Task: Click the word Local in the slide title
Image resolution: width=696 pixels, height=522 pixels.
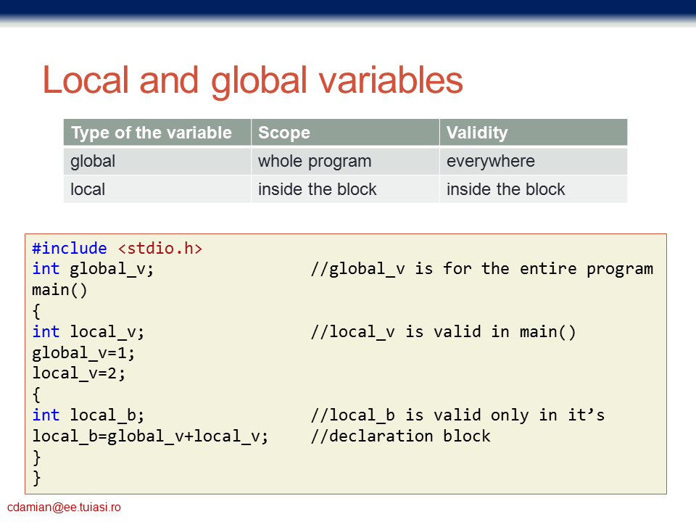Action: point(86,80)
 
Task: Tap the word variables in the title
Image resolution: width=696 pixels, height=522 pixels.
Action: point(391,80)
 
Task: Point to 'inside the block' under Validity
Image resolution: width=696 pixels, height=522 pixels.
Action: point(505,189)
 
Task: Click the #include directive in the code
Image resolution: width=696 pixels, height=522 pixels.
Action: point(70,248)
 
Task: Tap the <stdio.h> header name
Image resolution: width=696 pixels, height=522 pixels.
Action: point(160,248)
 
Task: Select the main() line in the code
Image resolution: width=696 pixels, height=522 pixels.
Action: point(59,290)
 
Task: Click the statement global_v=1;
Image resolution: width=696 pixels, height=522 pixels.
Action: point(83,353)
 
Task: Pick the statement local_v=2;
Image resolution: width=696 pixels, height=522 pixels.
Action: point(78,373)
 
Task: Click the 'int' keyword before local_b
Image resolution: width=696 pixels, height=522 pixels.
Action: point(46,415)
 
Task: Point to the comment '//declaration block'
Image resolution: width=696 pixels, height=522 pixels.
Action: point(401,436)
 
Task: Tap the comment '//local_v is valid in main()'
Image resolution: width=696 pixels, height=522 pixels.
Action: point(444,331)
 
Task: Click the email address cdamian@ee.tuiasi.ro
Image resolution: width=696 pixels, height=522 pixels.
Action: point(64,507)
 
